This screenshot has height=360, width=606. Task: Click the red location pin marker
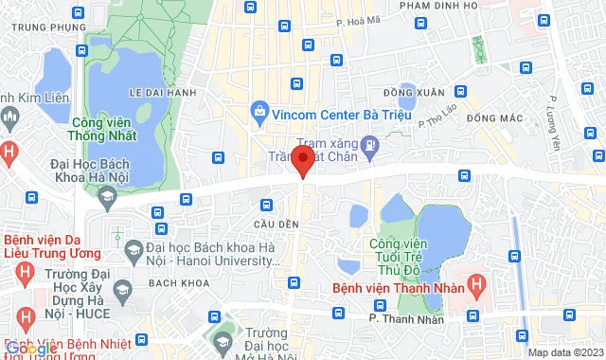302,160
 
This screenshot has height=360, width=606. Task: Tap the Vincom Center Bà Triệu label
327,113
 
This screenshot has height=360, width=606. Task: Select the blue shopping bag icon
259,112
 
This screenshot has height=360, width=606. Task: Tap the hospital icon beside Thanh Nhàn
476,282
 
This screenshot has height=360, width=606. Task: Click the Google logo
31,349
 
